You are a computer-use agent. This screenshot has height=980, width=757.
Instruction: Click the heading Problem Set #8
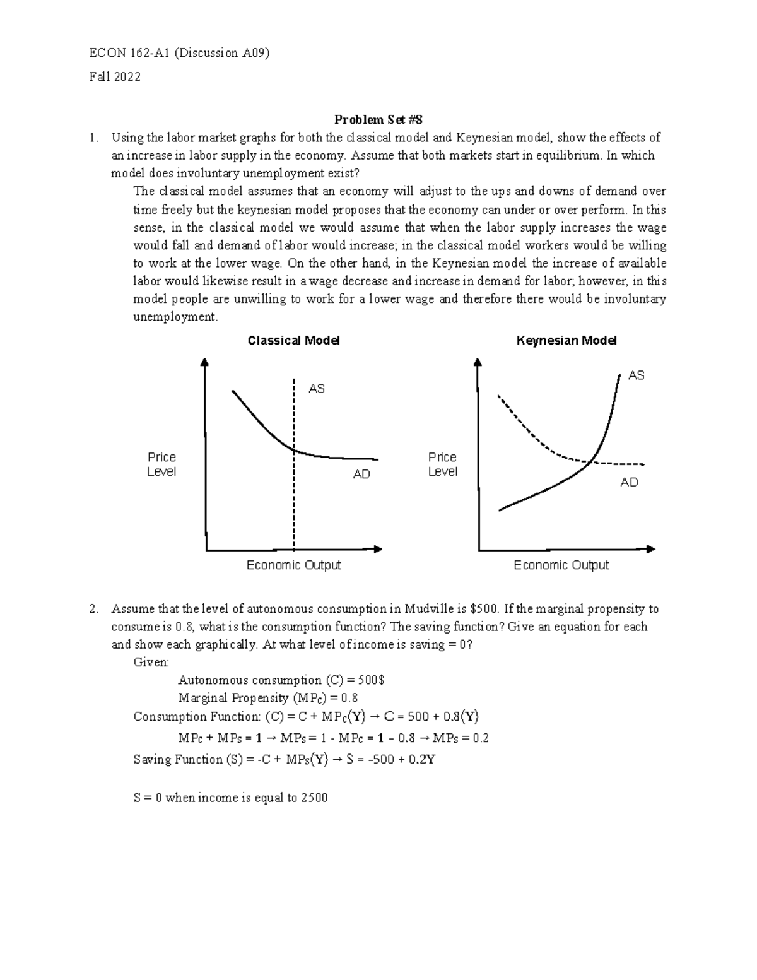378,120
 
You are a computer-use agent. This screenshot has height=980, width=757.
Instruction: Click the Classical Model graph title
293,341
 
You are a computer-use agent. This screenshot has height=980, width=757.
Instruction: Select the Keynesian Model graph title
566,341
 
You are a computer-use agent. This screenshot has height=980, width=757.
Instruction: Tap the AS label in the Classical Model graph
316,389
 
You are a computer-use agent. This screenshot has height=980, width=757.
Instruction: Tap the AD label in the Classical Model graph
361,474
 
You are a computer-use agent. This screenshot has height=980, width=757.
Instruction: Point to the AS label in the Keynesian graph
636,375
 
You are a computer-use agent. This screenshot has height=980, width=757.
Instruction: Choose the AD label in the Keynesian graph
629,482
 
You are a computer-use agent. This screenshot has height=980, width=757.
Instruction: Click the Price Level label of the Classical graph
161,464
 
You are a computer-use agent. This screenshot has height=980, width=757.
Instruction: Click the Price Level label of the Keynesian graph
442,464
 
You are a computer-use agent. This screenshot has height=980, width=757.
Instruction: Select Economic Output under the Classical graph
293,565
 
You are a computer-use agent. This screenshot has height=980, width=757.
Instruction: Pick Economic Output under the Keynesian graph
561,565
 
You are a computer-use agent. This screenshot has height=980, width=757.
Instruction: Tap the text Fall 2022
115,77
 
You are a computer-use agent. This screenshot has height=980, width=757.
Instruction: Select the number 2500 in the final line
314,798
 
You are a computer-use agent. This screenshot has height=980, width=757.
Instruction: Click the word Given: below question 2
151,663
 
